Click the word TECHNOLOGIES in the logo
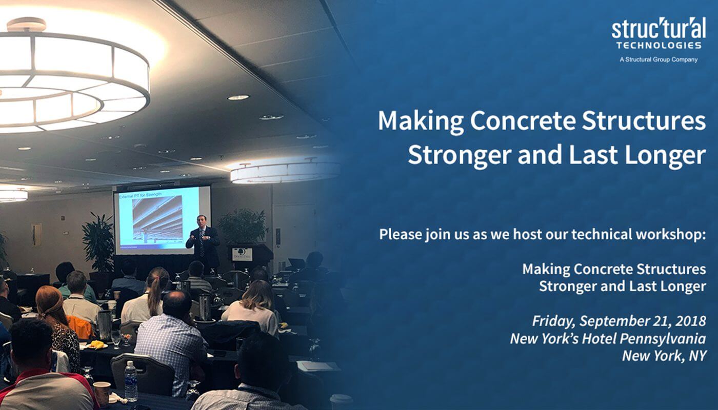[x=659, y=45]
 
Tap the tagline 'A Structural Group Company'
[x=659, y=59]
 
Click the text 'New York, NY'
[x=664, y=356]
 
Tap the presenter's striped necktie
[x=202, y=243]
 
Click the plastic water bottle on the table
[x=130, y=381]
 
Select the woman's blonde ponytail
[x=155, y=294]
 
